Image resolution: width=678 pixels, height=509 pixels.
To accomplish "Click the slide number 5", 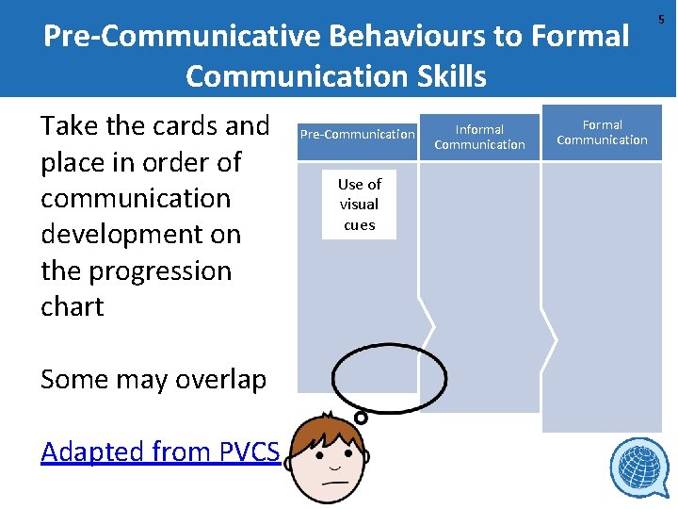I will click(x=661, y=19).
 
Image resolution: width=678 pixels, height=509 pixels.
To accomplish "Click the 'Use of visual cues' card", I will click(x=359, y=205).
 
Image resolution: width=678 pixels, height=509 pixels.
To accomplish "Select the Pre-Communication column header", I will click(x=357, y=134).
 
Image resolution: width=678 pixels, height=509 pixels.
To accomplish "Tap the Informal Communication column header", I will click(x=479, y=137).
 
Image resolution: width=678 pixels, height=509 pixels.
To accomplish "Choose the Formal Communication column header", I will click(x=602, y=132).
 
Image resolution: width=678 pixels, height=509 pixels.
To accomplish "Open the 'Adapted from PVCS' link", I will click(x=160, y=452).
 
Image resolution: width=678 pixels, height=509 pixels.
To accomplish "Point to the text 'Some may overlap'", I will click(x=153, y=379).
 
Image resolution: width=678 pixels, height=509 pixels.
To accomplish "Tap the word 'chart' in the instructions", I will click(x=73, y=306).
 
